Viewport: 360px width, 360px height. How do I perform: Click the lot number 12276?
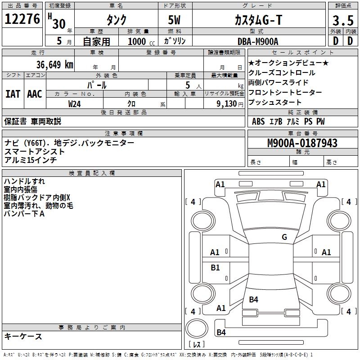tap(22, 19)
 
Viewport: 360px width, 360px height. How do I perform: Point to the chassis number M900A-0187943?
tap(302, 143)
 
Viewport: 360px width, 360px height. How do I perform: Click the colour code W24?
tap(75, 103)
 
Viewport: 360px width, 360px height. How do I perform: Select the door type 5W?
tap(175, 20)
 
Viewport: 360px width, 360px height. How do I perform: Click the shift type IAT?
tap(13, 94)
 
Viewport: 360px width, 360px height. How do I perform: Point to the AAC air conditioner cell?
tap(35, 94)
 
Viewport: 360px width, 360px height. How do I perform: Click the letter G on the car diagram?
tap(284, 237)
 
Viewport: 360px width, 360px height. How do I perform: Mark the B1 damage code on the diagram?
tap(216, 268)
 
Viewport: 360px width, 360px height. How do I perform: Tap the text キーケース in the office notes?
tap(23, 336)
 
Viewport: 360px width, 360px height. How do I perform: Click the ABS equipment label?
tap(258, 121)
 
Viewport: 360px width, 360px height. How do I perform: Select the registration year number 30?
tap(58, 24)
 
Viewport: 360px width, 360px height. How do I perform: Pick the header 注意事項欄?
tap(123, 134)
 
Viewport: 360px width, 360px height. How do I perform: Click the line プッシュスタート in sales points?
tap(276, 102)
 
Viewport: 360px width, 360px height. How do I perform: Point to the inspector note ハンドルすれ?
tap(24, 181)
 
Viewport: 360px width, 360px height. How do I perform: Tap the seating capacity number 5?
tap(187, 85)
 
